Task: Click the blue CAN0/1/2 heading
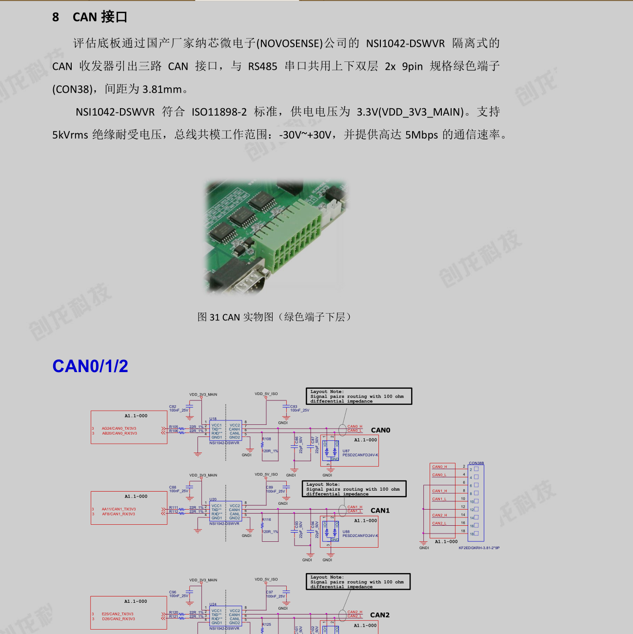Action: pyautogui.click(x=90, y=366)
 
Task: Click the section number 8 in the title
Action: pyautogui.click(x=56, y=17)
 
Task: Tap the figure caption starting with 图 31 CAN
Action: pyautogui.click(x=274, y=317)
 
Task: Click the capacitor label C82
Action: pyautogui.click(x=173, y=406)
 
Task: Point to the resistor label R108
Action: pyautogui.click(x=267, y=439)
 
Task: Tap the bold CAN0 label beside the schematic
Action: pyautogui.click(x=380, y=430)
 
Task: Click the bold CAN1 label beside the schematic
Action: pyautogui.click(x=380, y=511)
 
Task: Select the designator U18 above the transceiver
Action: pyautogui.click(x=213, y=419)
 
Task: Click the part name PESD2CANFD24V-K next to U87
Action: pyautogui.click(x=360, y=455)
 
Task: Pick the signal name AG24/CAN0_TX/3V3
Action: pyautogui.click(x=119, y=428)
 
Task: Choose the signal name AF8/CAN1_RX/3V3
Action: pyautogui.click(x=119, y=514)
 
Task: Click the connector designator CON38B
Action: pyautogui.click(x=476, y=463)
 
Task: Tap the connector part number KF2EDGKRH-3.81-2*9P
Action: pyautogui.click(x=479, y=548)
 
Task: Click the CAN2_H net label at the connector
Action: pyautogui.click(x=439, y=515)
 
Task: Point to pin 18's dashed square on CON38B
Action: pyautogui.click(x=476, y=534)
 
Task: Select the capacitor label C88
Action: pyautogui.click(x=173, y=487)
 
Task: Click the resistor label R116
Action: pyautogui.click(x=267, y=519)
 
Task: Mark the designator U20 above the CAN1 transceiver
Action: pyautogui.click(x=213, y=499)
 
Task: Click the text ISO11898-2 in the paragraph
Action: pyautogui.click(x=219, y=112)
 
